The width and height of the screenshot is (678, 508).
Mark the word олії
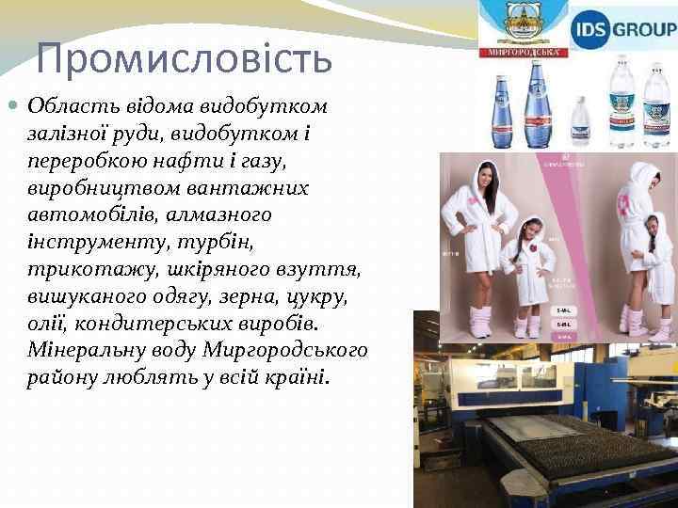point(47,324)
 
